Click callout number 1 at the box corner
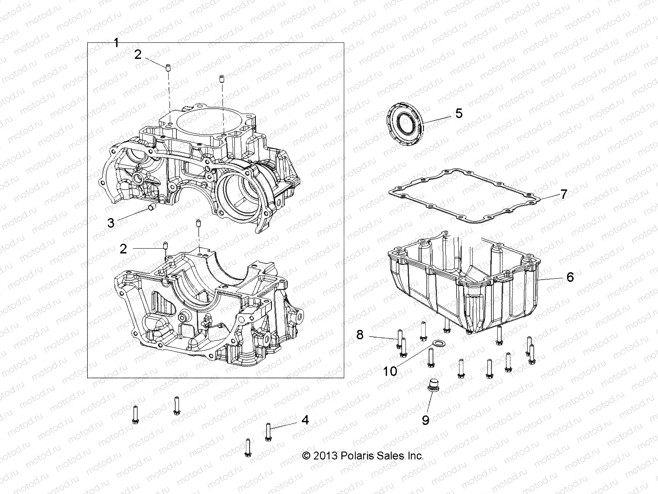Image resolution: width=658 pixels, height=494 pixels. (x=116, y=42)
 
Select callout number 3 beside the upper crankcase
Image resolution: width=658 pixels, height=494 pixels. (x=111, y=223)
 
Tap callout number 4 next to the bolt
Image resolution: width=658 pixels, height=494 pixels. (x=305, y=420)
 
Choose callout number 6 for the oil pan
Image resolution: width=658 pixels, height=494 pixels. (x=570, y=277)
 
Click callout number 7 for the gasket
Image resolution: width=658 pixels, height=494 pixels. (x=564, y=193)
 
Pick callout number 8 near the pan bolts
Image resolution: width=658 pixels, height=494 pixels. (x=360, y=335)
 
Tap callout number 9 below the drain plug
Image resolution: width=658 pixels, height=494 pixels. (x=425, y=420)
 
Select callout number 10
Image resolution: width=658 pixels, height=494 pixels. (x=390, y=371)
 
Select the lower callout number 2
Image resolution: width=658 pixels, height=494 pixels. (x=123, y=249)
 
